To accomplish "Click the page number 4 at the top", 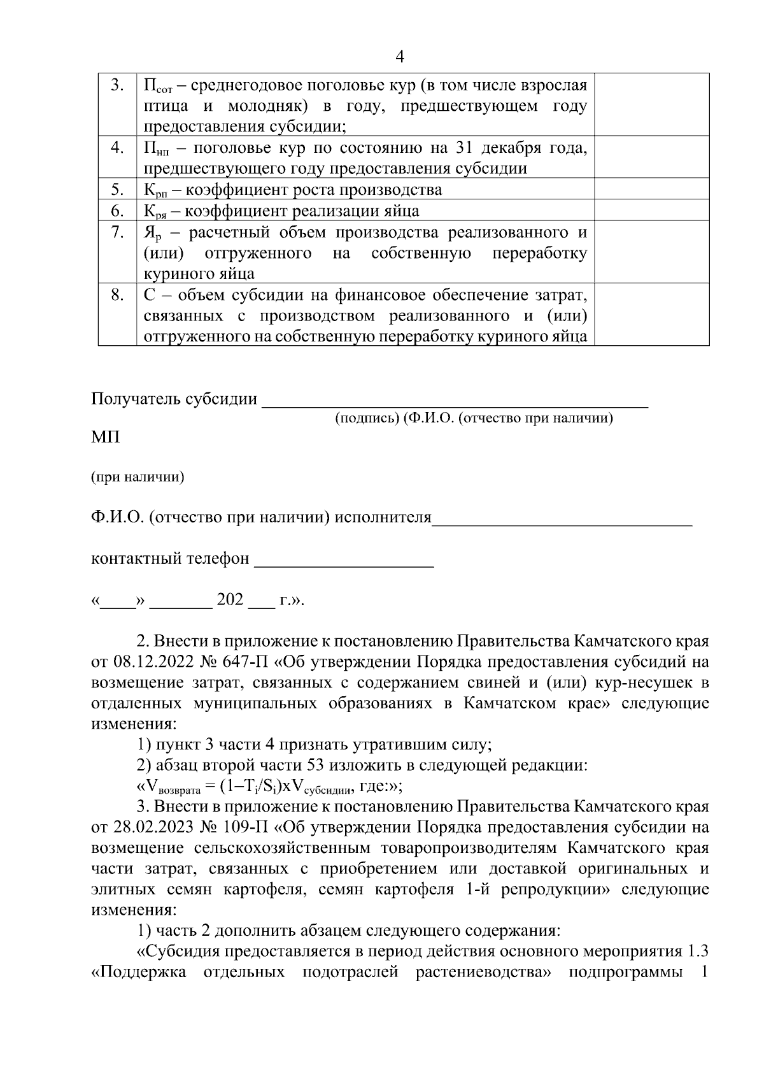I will tap(399, 57).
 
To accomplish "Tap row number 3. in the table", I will tap(117, 85).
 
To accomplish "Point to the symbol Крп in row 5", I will tap(153, 190).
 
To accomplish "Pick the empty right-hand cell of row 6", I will tap(651, 210).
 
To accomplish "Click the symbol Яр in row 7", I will tap(153, 233).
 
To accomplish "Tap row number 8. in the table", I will tap(117, 295).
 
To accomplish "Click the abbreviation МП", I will tap(105, 438).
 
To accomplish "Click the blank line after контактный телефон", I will tap(344, 561).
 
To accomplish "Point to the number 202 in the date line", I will tap(230, 600).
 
